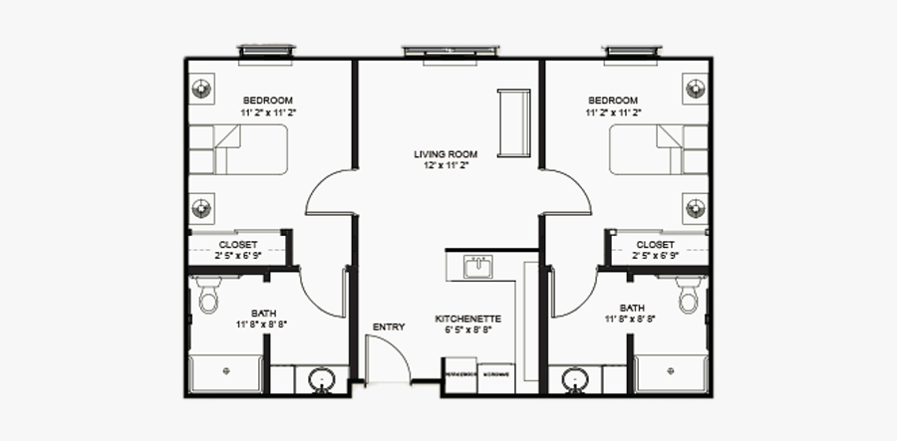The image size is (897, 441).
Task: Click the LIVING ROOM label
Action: tap(446, 154)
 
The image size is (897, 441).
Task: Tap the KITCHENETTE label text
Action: tap(467, 320)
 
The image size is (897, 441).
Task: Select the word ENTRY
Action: tap(388, 327)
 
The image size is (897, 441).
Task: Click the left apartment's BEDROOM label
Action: tap(268, 101)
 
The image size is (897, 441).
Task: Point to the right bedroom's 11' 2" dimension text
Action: tap(612, 113)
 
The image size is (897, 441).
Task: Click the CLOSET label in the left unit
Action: tap(237, 244)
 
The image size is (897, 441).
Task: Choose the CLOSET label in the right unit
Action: tap(655, 244)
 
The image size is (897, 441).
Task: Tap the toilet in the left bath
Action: tap(208, 296)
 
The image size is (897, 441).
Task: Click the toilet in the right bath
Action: tap(687, 296)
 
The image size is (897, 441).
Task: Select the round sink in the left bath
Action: tap(322, 379)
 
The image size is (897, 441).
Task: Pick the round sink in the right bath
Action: tap(574, 379)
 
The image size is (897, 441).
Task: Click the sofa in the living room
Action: tap(516, 122)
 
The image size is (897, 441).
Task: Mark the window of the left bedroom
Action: tap(266, 51)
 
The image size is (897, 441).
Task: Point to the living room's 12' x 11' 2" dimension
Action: tap(446, 166)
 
